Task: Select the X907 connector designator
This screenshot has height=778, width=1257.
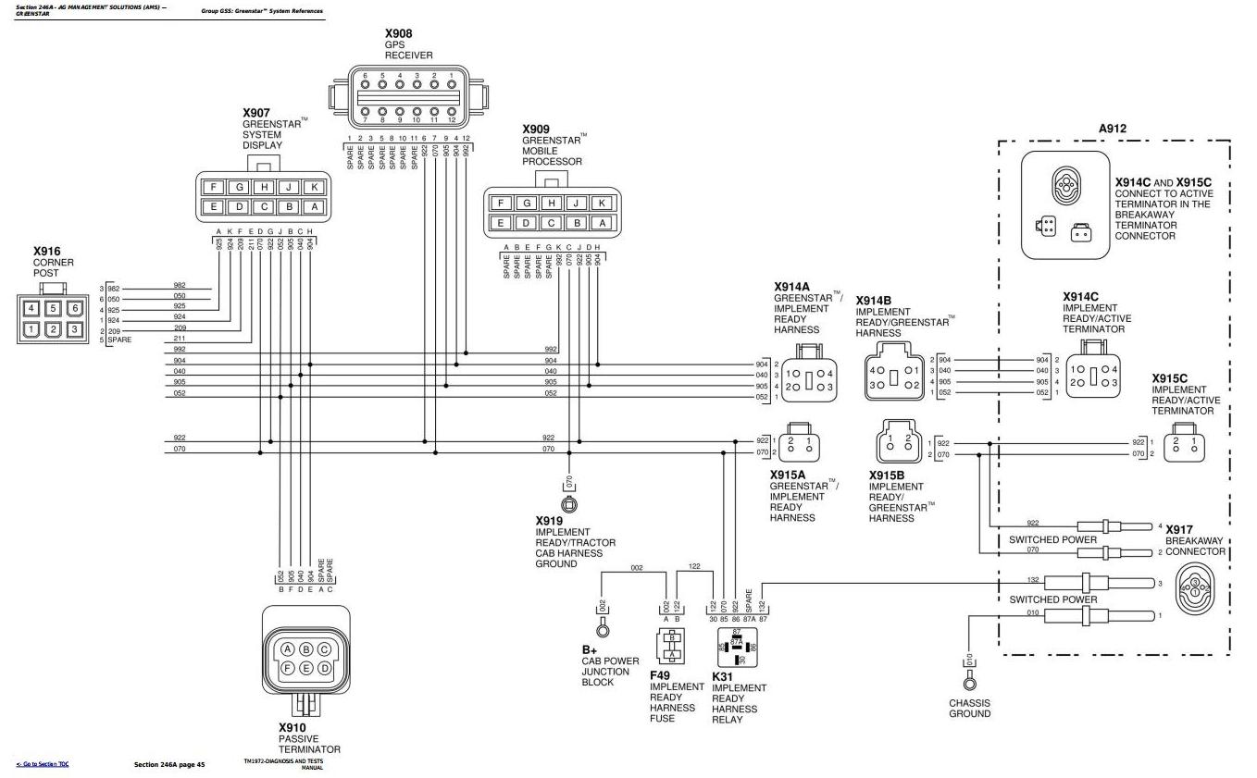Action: [x=256, y=113]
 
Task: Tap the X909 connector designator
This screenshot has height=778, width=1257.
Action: [x=536, y=130]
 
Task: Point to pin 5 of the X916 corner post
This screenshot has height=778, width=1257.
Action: [x=54, y=308]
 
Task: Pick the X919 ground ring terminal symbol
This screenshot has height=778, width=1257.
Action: [x=569, y=504]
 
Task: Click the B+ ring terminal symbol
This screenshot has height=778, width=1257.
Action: [x=603, y=630]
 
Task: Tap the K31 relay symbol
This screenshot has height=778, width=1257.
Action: [x=737, y=648]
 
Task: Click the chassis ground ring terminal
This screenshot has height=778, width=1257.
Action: [x=969, y=684]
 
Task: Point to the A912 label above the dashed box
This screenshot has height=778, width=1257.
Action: [x=1113, y=129]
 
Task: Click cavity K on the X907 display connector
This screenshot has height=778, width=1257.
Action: [x=314, y=187]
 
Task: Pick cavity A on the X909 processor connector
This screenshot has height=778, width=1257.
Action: [x=602, y=222]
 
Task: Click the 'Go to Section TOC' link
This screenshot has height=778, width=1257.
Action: [x=43, y=764]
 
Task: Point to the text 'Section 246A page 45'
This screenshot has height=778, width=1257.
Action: [x=169, y=764]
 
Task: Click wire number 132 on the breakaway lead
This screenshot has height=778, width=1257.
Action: [x=1034, y=580]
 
